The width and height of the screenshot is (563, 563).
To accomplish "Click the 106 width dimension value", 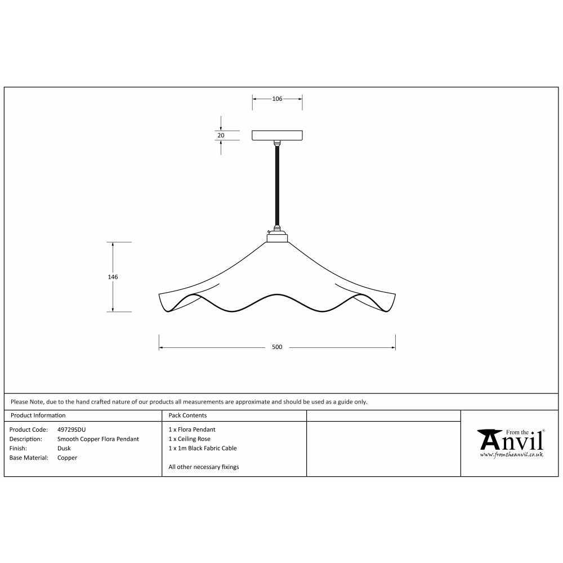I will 277,99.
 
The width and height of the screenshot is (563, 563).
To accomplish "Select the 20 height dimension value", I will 221,135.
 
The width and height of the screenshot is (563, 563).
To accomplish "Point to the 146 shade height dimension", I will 114,277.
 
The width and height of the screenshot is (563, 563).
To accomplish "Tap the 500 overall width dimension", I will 277,347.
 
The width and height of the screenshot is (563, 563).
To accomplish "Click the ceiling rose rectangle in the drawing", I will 277,135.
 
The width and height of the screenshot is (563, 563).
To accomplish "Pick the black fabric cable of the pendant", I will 277,186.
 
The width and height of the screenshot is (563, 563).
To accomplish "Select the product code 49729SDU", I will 72,430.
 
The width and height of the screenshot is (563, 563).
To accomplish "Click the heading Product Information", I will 38,415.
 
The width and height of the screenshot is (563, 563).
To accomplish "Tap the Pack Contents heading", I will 187,415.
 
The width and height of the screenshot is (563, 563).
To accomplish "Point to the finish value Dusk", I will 64,449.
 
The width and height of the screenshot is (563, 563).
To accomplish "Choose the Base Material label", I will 28,458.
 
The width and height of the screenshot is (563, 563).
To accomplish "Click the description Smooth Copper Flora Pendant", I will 98,439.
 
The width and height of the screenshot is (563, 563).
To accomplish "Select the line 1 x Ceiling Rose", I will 189,439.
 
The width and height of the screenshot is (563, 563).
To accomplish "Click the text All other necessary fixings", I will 203,467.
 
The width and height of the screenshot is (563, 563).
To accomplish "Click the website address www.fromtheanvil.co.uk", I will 511,454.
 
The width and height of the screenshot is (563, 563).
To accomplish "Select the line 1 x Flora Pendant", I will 191,430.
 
